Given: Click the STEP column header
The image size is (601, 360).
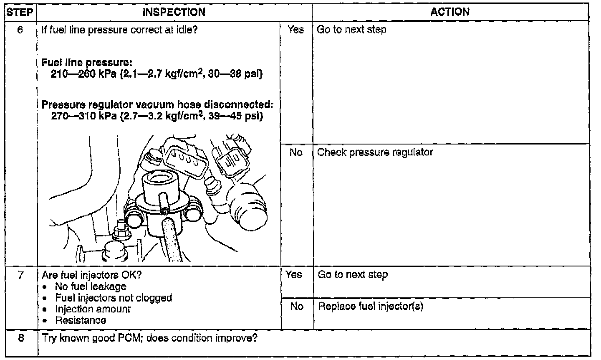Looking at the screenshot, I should (20, 12).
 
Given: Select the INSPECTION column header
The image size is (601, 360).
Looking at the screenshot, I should (174, 12).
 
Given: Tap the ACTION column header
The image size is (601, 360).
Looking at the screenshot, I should (449, 12).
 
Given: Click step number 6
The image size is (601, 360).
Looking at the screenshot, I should (20, 30).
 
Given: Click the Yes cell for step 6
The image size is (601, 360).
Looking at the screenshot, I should (295, 30).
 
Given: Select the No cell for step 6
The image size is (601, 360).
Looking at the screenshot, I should (295, 152).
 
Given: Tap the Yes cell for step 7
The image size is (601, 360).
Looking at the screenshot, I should (294, 275).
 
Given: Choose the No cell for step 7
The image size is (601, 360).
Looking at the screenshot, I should (296, 307).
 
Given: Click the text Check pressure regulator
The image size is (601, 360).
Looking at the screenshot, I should (375, 152).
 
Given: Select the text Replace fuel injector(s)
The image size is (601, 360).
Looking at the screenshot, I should (371, 307).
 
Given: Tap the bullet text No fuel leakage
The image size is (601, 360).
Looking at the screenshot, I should (91, 286).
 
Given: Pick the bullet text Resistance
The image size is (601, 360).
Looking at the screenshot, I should (81, 320).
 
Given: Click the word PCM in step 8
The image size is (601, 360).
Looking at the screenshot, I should (130, 337).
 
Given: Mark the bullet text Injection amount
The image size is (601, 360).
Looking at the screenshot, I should (93, 309).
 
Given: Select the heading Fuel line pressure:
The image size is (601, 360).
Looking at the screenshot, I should (87, 63).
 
